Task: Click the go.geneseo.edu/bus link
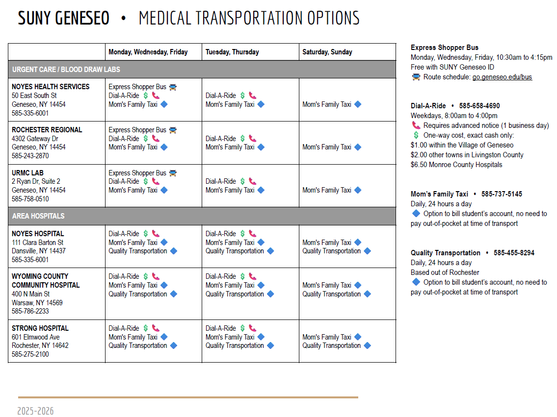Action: point(502,77)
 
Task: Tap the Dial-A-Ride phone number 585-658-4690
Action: point(479,106)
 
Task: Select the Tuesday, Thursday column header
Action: point(232,52)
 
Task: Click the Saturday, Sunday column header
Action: point(327,52)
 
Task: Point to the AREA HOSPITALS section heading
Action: point(38,216)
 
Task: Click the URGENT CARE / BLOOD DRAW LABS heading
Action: point(66,70)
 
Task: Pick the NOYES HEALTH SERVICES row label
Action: point(51,87)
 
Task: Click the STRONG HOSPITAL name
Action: point(40,328)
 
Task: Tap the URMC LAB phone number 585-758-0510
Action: point(30,199)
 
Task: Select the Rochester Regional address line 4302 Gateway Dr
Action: point(35,139)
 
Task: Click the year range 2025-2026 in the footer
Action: point(35,411)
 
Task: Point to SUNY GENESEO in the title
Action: point(64,19)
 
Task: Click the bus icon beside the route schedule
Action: point(416,77)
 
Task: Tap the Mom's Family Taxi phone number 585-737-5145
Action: point(502,194)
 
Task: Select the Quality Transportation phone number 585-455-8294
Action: point(514,253)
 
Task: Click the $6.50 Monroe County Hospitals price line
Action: point(456,165)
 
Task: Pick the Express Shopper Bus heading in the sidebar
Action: point(445,48)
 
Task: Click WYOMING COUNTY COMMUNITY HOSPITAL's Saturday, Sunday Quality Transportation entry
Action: point(332,294)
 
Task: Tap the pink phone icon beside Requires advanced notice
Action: point(416,125)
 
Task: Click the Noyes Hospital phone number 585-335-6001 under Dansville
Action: point(30,260)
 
